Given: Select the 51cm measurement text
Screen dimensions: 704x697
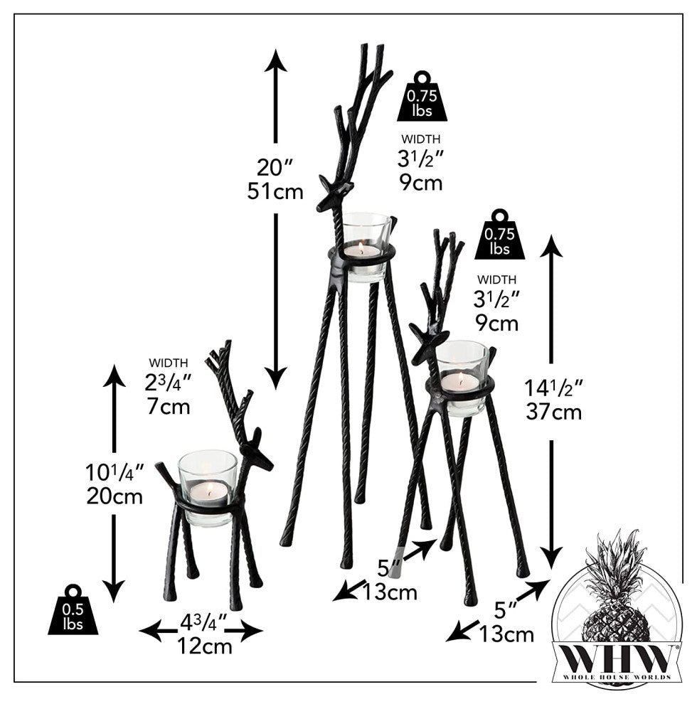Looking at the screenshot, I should [275, 191].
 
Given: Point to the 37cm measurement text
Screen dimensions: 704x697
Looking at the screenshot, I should [554, 412].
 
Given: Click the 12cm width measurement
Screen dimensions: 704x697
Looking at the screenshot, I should [205, 646].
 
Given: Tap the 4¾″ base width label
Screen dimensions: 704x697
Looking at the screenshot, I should [202, 624].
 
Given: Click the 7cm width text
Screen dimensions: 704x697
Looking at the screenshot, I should [169, 407].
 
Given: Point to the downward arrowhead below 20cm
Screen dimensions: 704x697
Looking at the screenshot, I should [115, 589].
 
